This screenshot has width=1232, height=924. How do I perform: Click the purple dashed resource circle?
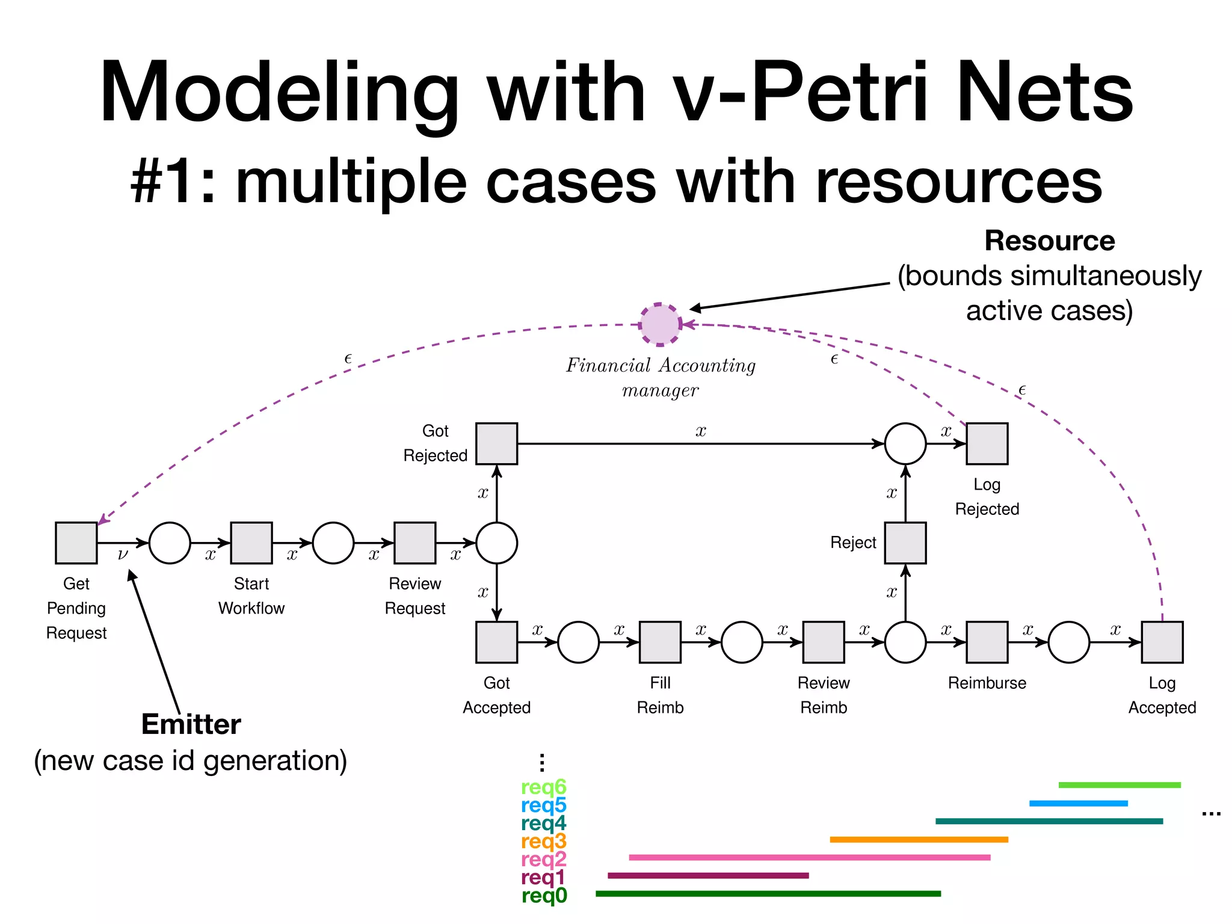point(660,324)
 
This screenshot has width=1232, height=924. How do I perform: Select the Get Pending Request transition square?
point(76,543)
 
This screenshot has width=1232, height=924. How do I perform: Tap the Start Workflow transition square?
point(251,543)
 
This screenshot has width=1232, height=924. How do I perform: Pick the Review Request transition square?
point(415,543)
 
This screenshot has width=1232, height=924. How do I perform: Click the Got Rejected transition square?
point(496,443)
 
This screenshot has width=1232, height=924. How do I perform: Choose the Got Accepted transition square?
point(496,642)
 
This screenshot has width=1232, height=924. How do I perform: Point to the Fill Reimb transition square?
point(660,642)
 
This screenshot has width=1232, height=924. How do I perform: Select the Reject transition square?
point(905,543)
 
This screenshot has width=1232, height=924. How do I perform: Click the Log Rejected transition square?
point(987,443)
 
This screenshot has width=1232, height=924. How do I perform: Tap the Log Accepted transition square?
point(1162,642)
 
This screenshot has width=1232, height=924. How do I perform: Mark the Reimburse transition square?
point(987,642)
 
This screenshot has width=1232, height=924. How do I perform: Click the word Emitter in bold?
point(191,724)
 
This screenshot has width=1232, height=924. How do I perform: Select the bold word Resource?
point(1050,241)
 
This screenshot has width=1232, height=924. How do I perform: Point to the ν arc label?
point(123,554)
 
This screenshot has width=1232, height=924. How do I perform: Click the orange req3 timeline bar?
point(919,839)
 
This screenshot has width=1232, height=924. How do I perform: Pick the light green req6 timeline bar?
point(1120,785)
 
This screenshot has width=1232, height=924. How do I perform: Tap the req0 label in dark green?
point(544,895)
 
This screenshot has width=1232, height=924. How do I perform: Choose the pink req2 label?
point(544,859)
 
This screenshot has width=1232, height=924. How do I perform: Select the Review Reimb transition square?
point(824,642)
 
